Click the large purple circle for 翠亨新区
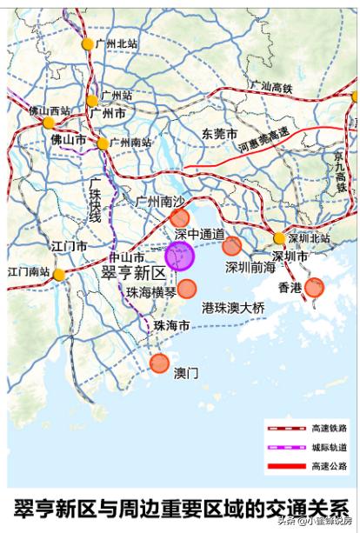[x=179, y=257]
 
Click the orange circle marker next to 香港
[x=314, y=287]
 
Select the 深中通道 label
[x=199, y=235]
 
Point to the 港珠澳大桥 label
[x=232, y=307]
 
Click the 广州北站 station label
[x=115, y=43]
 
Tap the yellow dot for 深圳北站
[x=279, y=238]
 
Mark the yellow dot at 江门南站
[x=58, y=275]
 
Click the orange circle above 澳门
[x=159, y=363]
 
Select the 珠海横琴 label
[x=151, y=292]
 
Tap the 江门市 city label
[x=69, y=246]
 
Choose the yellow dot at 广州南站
[x=103, y=143]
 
